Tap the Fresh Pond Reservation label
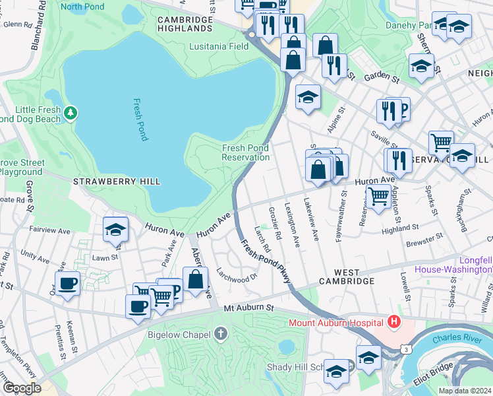point(246,152)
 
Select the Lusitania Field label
point(219,47)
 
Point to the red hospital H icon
point(394,322)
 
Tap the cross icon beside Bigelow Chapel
point(221,333)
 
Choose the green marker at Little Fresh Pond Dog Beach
point(70,114)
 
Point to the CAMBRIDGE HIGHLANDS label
point(185,24)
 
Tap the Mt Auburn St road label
point(248,308)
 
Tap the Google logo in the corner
point(21,388)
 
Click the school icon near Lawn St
point(115,230)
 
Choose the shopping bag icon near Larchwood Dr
point(196,279)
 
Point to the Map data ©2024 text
point(464,391)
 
